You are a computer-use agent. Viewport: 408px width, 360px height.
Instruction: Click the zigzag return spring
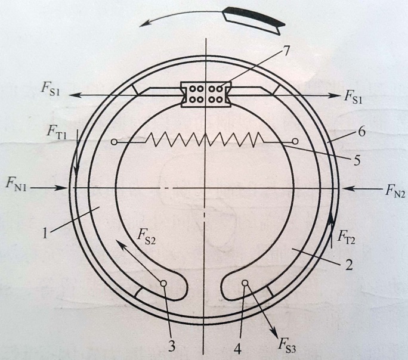click(x=205, y=141)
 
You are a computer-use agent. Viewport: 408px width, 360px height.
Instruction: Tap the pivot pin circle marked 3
click(x=162, y=284)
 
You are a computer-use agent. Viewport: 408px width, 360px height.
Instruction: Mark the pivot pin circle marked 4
click(x=245, y=284)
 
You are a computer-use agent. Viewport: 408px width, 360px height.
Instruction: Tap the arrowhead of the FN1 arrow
click(x=67, y=187)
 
